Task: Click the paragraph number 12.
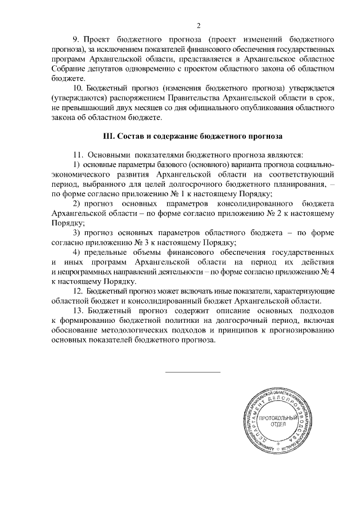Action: pos(79,291)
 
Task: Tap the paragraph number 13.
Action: pos(79,310)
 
